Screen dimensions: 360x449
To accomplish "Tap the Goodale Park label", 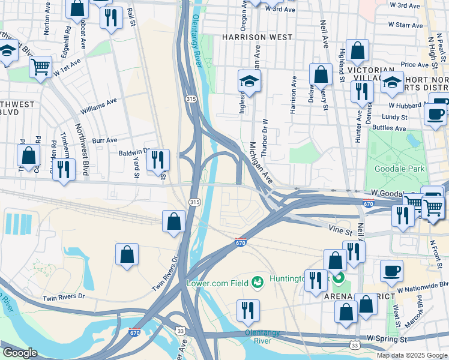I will tap(399, 169).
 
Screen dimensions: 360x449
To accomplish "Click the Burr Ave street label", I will tap(104, 140).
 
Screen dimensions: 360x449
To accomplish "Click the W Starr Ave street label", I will tap(405, 25).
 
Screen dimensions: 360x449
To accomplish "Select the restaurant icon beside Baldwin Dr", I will tap(158, 160).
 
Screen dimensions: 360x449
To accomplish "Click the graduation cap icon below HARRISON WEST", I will tap(250, 80).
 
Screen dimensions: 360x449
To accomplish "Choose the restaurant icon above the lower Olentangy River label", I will tap(248, 310).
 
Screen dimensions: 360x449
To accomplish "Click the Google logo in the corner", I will tap(20, 353).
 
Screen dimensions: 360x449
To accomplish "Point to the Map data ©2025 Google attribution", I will tap(412, 355).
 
